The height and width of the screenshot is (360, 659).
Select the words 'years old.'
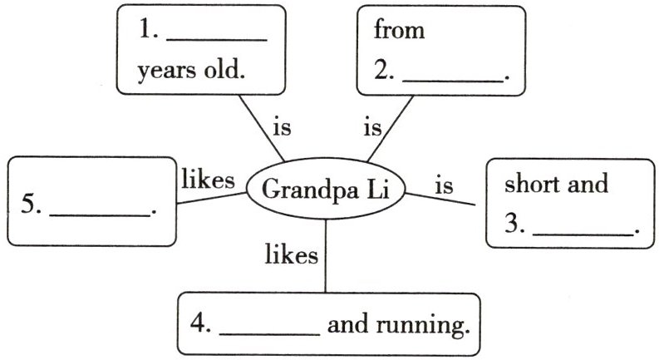(192, 71)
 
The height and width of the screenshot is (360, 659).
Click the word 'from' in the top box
(399, 32)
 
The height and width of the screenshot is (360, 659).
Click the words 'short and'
(556, 183)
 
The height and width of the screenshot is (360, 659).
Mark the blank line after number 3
(582, 234)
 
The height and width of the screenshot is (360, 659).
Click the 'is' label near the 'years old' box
(283, 129)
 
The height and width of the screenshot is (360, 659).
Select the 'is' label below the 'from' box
(372, 129)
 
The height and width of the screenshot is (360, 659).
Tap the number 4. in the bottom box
(200, 324)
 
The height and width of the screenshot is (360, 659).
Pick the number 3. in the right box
(514, 224)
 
